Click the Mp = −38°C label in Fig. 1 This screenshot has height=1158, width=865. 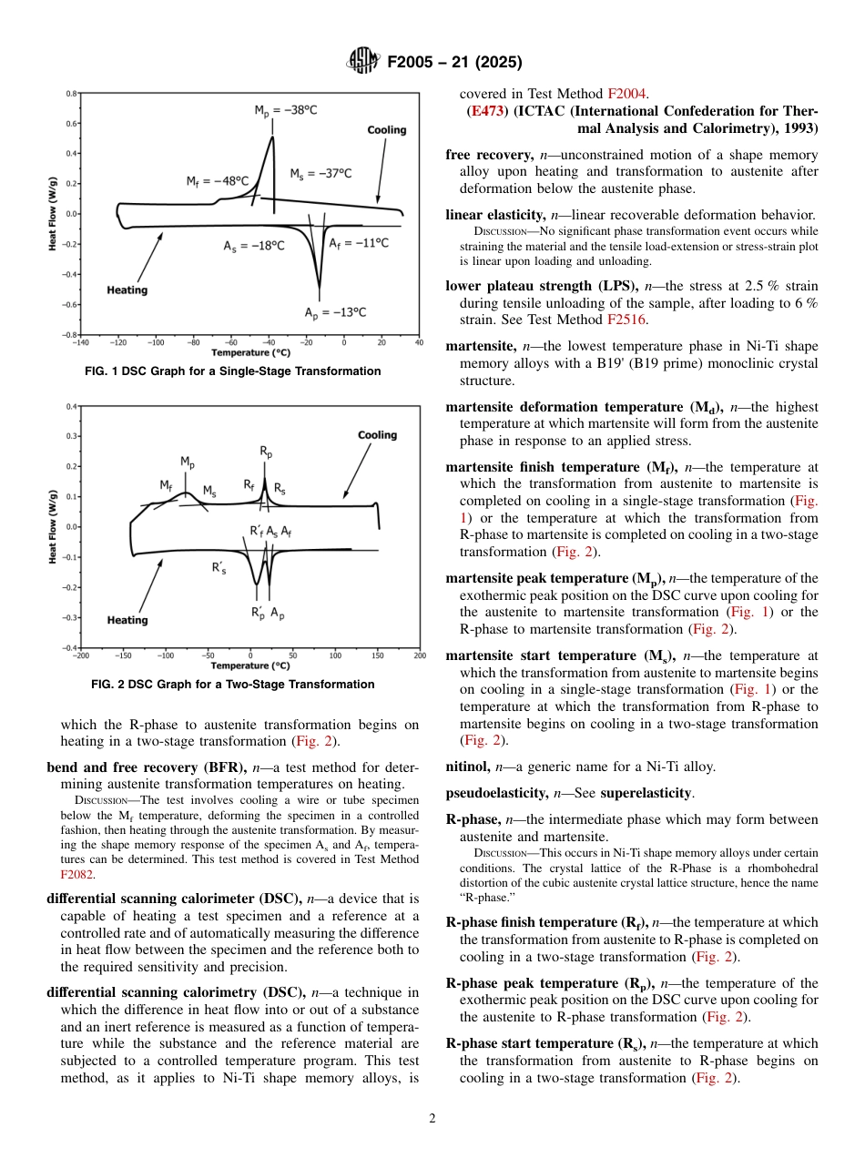tap(285, 110)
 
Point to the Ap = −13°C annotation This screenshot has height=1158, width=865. tap(335, 312)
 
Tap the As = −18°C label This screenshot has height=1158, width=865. tap(253, 246)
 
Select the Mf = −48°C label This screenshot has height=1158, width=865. tap(218, 181)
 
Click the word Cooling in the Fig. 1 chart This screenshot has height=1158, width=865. tap(386, 130)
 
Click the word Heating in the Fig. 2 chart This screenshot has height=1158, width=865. tap(127, 620)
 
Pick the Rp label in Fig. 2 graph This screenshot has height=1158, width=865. tap(266, 452)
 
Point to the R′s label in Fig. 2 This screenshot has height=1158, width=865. tap(219, 567)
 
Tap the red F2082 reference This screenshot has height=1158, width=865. tap(76, 874)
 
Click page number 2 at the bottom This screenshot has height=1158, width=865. tap(432, 1119)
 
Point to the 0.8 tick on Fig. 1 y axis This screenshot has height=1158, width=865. tap(70, 94)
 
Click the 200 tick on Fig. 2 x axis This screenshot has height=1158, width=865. tap(419, 655)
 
